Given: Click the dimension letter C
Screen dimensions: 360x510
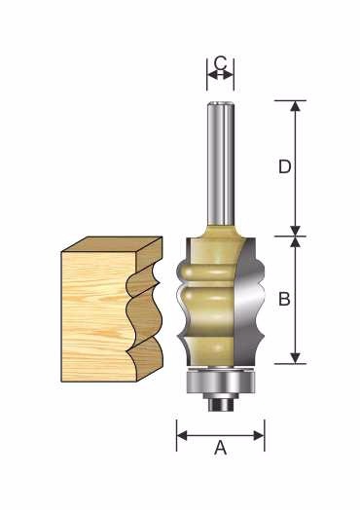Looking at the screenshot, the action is pyautogui.click(x=221, y=63).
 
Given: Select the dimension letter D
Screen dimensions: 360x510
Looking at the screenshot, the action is pyautogui.click(x=285, y=166).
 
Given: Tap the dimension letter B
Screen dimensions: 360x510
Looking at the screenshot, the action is pyautogui.click(x=284, y=299).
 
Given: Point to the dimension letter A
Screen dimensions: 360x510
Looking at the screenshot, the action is pyautogui.click(x=221, y=448).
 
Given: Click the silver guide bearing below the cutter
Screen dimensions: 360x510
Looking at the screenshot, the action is pyautogui.click(x=221, y=382).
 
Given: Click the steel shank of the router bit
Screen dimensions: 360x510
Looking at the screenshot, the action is pyautogui.click(x=221, y=164).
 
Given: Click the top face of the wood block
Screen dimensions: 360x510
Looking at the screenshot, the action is pyautogui.click(x=112, y=244).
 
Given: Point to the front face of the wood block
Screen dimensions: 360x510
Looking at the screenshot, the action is pyautogui.click(x=94, y=316).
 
